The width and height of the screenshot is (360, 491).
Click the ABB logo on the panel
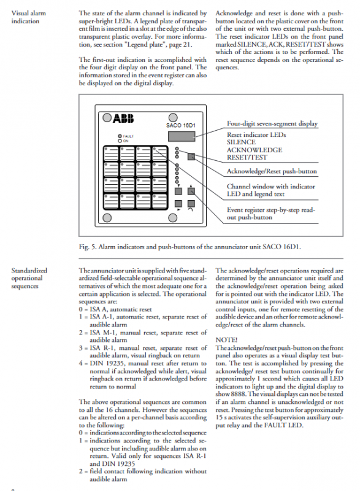(123, 118)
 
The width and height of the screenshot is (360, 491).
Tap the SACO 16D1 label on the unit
(181, 126)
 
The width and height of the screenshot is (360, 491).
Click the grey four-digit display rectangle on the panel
(182, 136)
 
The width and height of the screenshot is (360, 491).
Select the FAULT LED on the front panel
(120, 136)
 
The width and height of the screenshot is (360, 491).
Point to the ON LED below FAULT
(120, 141)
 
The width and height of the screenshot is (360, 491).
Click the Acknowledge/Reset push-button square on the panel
(191, 157)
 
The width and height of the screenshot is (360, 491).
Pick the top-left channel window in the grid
(111, 153)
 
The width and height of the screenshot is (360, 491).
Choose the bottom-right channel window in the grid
(159, 201)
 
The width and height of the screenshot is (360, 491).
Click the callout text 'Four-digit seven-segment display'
(272, 124)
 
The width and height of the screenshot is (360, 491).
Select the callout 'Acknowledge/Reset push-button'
(272, 171)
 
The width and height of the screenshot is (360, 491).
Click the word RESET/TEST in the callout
(247, 158)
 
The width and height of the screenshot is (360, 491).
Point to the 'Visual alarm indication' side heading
(28, 17)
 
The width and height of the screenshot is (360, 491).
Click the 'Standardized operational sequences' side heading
(29, 278)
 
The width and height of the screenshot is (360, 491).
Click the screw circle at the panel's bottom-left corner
(107, 218)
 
